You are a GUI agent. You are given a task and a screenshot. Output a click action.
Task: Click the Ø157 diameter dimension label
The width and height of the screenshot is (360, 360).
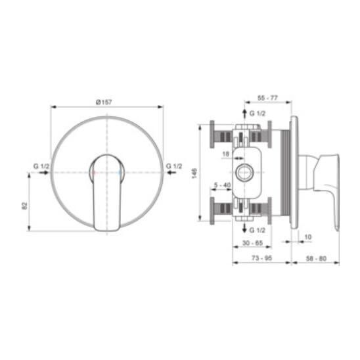tap(104, 102)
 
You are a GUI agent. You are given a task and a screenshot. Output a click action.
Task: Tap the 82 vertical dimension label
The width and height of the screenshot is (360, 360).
tap(24, 206)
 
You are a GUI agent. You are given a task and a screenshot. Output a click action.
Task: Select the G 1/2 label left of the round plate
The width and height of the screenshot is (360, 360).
tap(41, 166)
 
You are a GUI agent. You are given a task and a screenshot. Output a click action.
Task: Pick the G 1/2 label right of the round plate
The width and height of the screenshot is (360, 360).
tap(174, 166)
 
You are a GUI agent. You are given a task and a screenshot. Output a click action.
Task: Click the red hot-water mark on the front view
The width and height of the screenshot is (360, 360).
tap(94, 172)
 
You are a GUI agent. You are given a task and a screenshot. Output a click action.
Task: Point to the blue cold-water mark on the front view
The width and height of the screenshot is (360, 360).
tap(120, 172)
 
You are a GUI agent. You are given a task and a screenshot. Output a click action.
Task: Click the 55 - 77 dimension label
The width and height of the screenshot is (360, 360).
tap(267, 98)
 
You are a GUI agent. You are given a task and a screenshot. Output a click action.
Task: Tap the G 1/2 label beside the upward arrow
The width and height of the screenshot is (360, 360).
tap(257, 114)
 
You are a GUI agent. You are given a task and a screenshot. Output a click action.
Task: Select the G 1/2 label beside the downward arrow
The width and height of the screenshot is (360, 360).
tap(257, 230)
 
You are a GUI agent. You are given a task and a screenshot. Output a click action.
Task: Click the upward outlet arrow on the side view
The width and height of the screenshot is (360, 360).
tap(245, 113)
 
